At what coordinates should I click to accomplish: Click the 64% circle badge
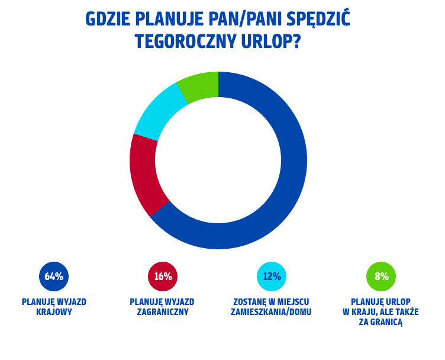[x=54, y=277]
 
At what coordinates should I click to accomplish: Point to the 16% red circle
[x=163, y=277]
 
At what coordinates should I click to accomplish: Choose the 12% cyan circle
[x=272, y=277]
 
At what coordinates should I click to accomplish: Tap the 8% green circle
[x=381, y=277]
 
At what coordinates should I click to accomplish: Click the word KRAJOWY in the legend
[x=54, y=312]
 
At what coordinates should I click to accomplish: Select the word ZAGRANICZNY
[x=163, y=312]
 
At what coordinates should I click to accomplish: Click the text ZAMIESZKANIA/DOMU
[x=271, y=312]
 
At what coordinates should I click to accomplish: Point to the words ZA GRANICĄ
[x=380, y=322]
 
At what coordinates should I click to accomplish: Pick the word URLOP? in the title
[x=273, y=42]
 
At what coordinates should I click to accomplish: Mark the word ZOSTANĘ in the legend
[x=251, y=302]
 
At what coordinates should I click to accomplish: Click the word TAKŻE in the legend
[x=407, y=312]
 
